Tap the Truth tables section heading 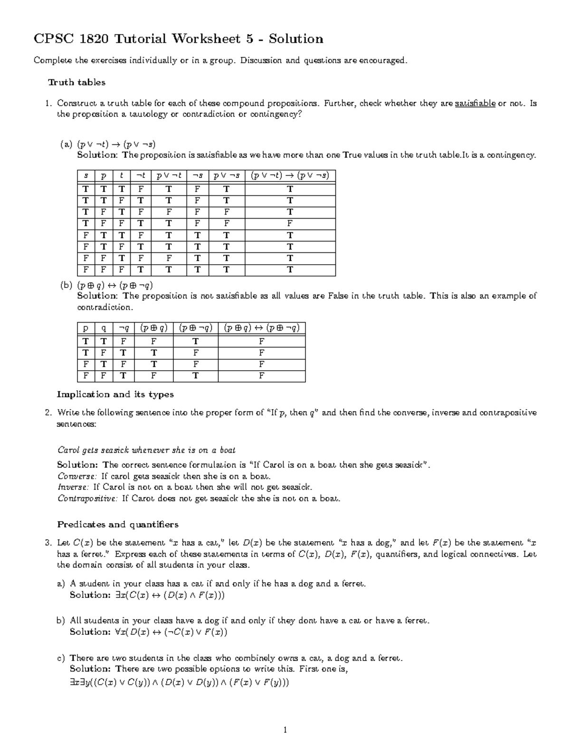pos(76,83)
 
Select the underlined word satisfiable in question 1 pos(475,103)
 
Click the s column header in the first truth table pos(86,176)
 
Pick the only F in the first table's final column pos(290,223)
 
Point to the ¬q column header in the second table pos(123,328)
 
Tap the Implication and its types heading pos(115,394)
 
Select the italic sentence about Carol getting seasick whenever pos(146,450)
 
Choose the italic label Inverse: pos(73,487)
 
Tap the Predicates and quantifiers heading pos(118,525)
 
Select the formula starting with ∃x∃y pos(179,683)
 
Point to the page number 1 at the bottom pos(285,729)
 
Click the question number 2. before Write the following pos(48,412)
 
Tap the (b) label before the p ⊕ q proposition pos(66,285)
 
